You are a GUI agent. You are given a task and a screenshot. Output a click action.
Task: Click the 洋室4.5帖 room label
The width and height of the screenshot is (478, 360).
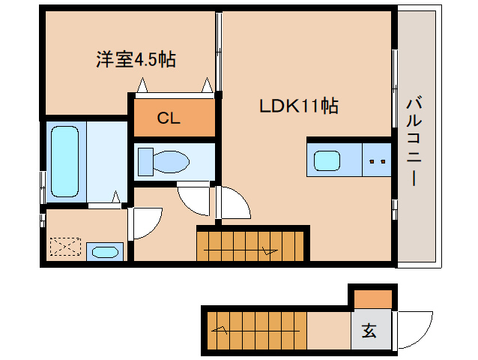(x=136, y=60)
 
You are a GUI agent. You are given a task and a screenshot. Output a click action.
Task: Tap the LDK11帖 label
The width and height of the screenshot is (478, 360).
(x=299, y=106)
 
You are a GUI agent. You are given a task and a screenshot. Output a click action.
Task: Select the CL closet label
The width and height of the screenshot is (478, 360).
(x=167, y=118)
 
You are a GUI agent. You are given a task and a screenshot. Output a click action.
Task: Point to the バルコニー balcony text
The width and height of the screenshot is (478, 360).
(x=413, y=141)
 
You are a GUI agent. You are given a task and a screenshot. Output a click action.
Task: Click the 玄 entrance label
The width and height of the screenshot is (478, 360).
(x=370, y=330)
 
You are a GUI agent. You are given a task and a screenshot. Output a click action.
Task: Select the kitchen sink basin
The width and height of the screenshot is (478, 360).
(x=327, y=160)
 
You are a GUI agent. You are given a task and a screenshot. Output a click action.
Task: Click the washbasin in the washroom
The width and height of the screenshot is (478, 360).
(x=104, y=251)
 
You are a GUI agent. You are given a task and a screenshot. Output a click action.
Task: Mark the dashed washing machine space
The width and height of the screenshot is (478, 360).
(x=64, y=247)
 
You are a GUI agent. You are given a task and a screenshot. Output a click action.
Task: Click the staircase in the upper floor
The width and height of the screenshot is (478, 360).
(x=252, y=244)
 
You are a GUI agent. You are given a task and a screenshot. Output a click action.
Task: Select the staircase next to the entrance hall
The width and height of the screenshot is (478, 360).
(x=255, y=329)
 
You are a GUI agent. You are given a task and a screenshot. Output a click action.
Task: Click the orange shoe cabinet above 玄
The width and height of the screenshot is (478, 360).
(x=372, y=298)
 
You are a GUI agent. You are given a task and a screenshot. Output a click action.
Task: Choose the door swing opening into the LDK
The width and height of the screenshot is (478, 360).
(x=233, y=203)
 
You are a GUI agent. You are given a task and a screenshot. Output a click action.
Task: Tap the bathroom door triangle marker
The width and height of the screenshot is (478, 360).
(x=115, y=197)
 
